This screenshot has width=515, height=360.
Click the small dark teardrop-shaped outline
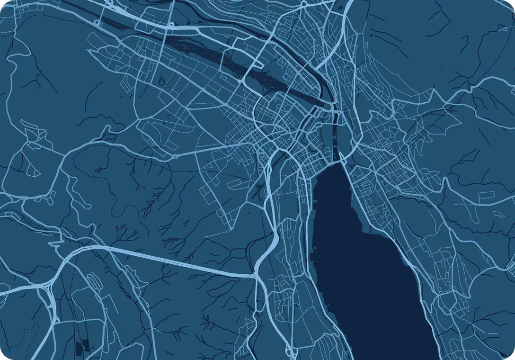tap(162, 80)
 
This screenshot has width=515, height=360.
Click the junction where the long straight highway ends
tap(256, 275)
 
